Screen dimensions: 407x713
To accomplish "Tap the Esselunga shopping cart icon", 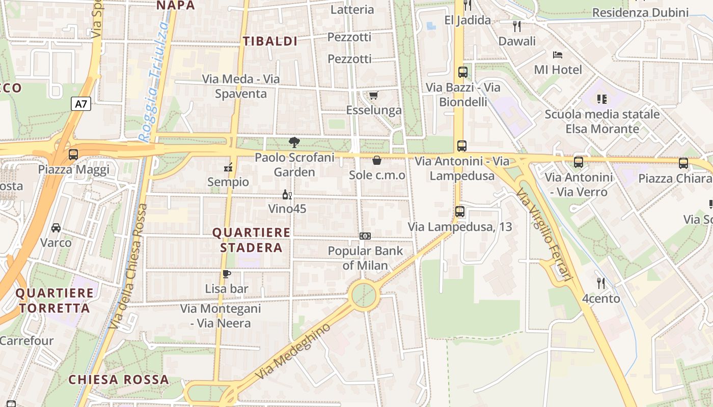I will pos(374,95).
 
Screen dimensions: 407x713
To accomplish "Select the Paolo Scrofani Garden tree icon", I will pos(294,142).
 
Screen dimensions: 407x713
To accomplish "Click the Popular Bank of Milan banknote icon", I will pos(365,236).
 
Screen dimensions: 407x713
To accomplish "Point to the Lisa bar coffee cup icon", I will pos(227,274).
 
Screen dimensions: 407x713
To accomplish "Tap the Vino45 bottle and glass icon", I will pos(287,194).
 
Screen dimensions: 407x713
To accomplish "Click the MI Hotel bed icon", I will pos(558,54).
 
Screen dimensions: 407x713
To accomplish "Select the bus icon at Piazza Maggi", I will pos(73,154).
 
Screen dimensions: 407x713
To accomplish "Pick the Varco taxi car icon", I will pos(56,227).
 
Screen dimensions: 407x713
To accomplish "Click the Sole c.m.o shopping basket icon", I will pos(377,161).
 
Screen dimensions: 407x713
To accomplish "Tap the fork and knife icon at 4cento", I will pos(601,283).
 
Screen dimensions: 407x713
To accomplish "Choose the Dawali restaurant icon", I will pos(517,25).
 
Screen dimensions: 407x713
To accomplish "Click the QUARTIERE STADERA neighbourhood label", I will pos(251,240).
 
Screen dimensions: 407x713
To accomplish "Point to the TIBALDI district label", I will pos(270,41).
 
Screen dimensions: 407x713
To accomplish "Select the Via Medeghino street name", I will pos(293,351).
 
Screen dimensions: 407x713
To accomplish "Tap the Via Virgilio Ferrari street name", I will pos(544,234).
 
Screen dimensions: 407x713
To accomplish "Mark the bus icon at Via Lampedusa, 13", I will pos(460,211).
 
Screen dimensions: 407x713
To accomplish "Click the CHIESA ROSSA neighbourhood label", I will pos(119,380).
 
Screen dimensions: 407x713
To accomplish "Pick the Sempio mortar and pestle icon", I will pos(228,167).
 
